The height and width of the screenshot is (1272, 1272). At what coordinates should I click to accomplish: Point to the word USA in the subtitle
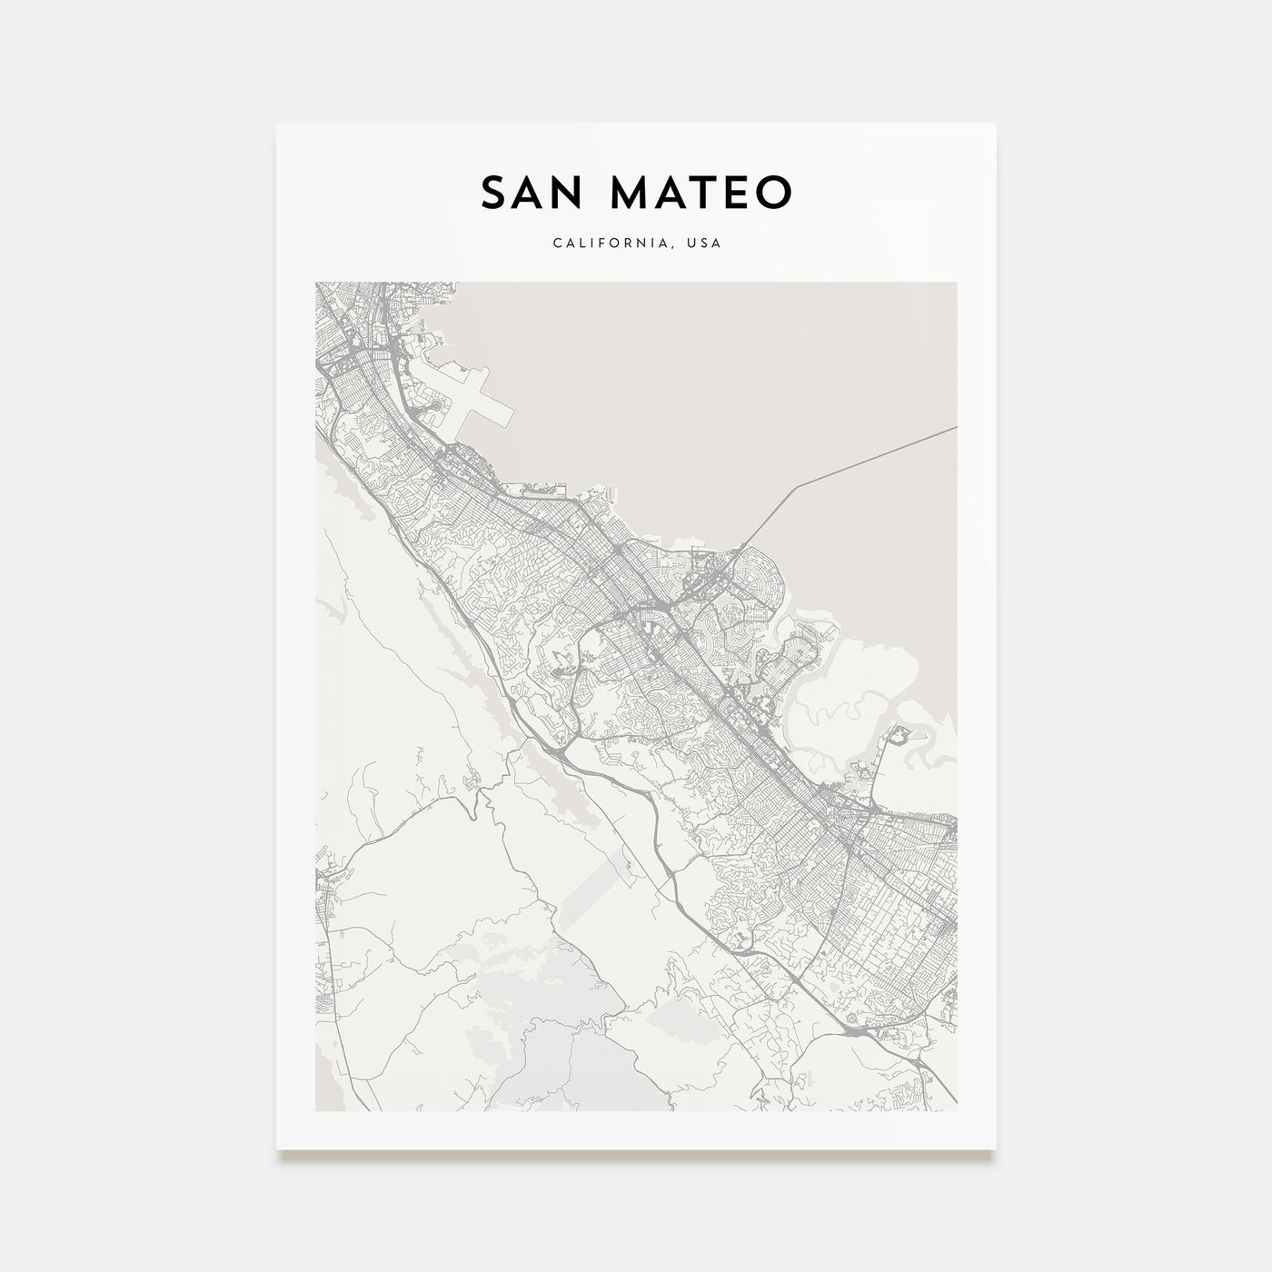click(706, 243)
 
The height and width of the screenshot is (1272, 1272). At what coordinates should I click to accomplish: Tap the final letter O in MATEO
click(775, 193)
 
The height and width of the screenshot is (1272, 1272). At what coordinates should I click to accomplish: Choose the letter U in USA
click(694, 243)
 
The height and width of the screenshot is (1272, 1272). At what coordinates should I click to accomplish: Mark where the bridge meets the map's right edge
click(956, 427)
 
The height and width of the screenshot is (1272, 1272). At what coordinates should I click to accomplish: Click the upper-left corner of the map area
click(316, 283)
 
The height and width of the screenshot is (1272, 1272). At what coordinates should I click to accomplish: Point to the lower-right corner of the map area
click(957, 1110)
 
